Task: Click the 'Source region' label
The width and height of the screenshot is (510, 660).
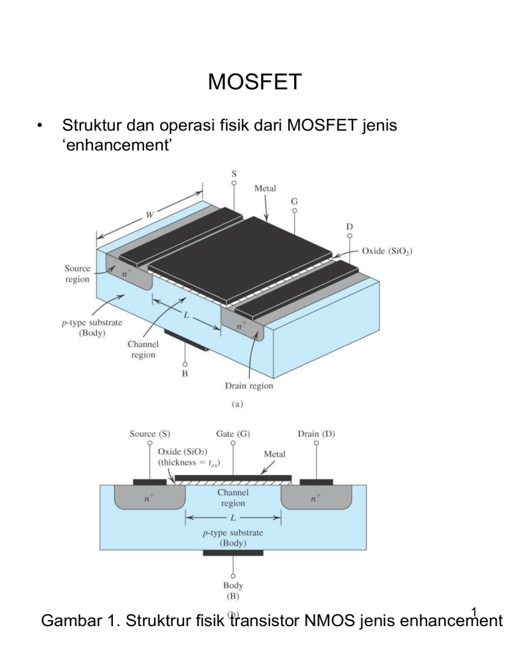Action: click(x=77, y=274)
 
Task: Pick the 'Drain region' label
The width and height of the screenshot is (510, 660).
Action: click(x=248, y=386)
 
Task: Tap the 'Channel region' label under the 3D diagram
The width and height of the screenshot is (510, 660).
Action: click(x=143, y=349)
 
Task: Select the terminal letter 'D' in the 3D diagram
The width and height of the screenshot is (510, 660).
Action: click(x=349, y=226)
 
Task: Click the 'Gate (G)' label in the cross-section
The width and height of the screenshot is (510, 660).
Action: click(x=232, y=434)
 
